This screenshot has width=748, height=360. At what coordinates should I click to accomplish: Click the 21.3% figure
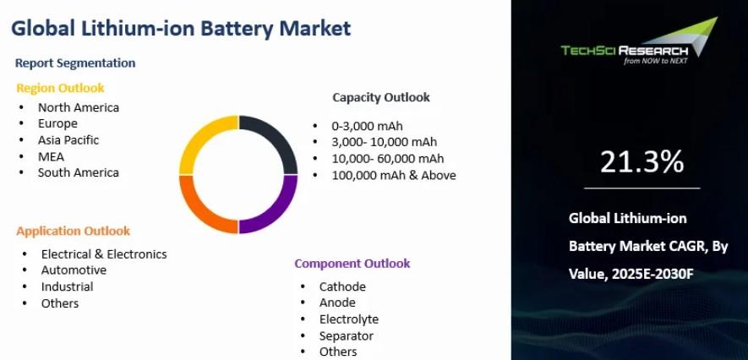tap(642, 161)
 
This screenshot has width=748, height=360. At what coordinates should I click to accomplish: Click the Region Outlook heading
tap(60, 88)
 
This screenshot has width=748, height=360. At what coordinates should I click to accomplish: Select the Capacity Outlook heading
tap(381, 97)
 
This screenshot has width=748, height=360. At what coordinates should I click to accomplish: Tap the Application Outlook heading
tap(73, 232)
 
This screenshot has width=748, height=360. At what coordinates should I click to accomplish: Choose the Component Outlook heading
tap(352, 263)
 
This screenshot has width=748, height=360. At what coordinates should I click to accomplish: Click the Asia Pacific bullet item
tap(68, 140)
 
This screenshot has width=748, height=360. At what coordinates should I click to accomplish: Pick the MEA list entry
tap(51, 156)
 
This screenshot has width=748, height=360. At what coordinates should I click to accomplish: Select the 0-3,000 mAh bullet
tap(368, 126)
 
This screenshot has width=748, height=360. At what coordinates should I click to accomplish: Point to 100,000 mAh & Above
tap(394, 175)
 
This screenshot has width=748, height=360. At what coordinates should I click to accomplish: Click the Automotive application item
tap(74, 270)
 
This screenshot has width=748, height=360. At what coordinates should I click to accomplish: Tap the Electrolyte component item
tap(349, 319)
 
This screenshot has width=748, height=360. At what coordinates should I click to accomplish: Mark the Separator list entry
tap(347, 335)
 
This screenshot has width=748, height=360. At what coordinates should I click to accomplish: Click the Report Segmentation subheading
tap(75, 63)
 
